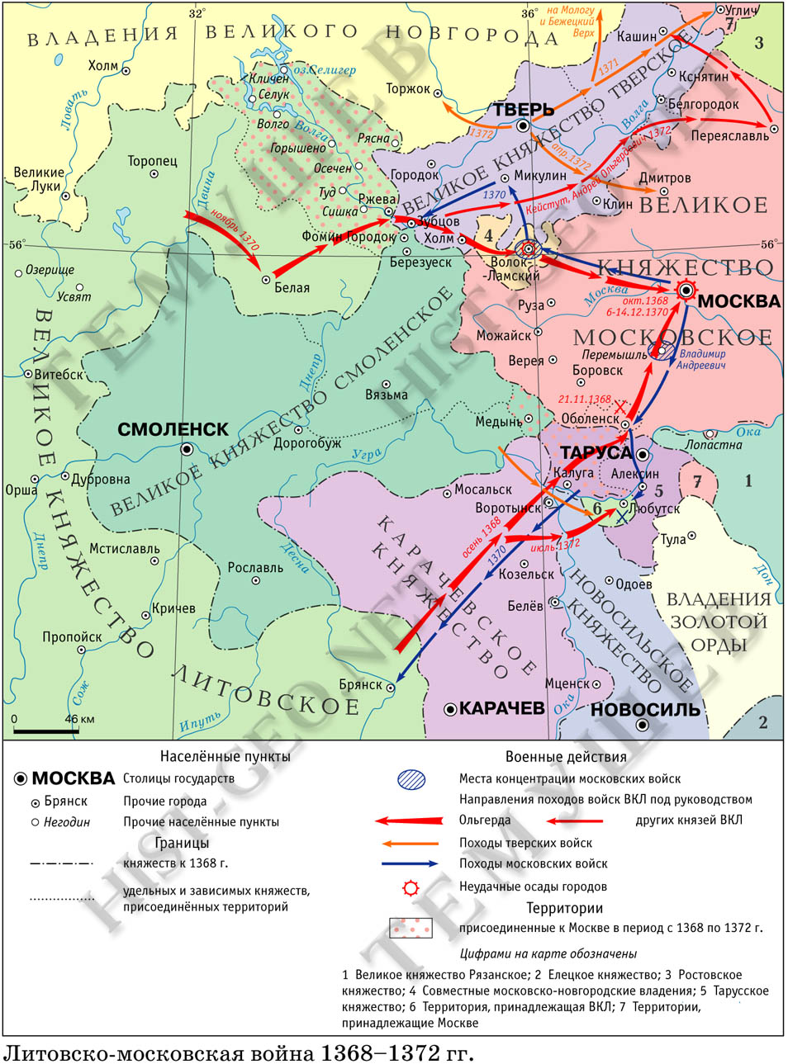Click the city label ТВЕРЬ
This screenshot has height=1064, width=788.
[x=523, y=110]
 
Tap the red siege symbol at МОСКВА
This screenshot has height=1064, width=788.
[x=686, y=289]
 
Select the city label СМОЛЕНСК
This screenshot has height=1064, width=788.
[x=173, y=429]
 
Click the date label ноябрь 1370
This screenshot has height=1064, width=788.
[x=235, y=229]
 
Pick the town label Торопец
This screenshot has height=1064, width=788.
[x=152, y=161]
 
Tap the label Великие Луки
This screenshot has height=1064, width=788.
[x=39, y=179]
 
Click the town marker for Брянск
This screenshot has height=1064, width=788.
[x=392, y=687]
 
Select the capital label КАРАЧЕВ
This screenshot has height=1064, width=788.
[x=501, y=708]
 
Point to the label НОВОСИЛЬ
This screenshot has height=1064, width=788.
[x=645, y=709]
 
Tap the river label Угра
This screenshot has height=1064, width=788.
[x=367, y=454]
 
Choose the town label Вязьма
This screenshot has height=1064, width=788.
[x=387, y=395]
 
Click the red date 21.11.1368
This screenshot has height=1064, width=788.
[x=584, y=400]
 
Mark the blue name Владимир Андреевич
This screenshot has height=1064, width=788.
[x=702, y=359]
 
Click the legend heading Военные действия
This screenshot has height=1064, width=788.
[x=566, y=756]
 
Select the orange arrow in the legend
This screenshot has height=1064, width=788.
[x=410, y=844]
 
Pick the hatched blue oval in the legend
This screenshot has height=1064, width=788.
[x=411, y=778]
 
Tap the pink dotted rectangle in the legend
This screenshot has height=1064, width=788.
[x=411, y=928]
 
